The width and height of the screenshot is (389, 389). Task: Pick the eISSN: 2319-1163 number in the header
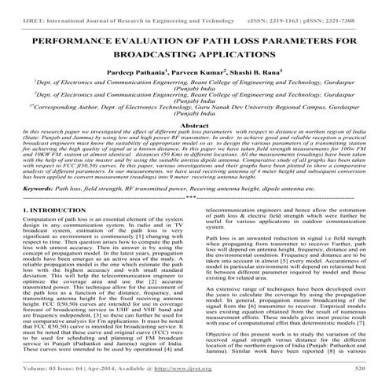coord(280,6)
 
